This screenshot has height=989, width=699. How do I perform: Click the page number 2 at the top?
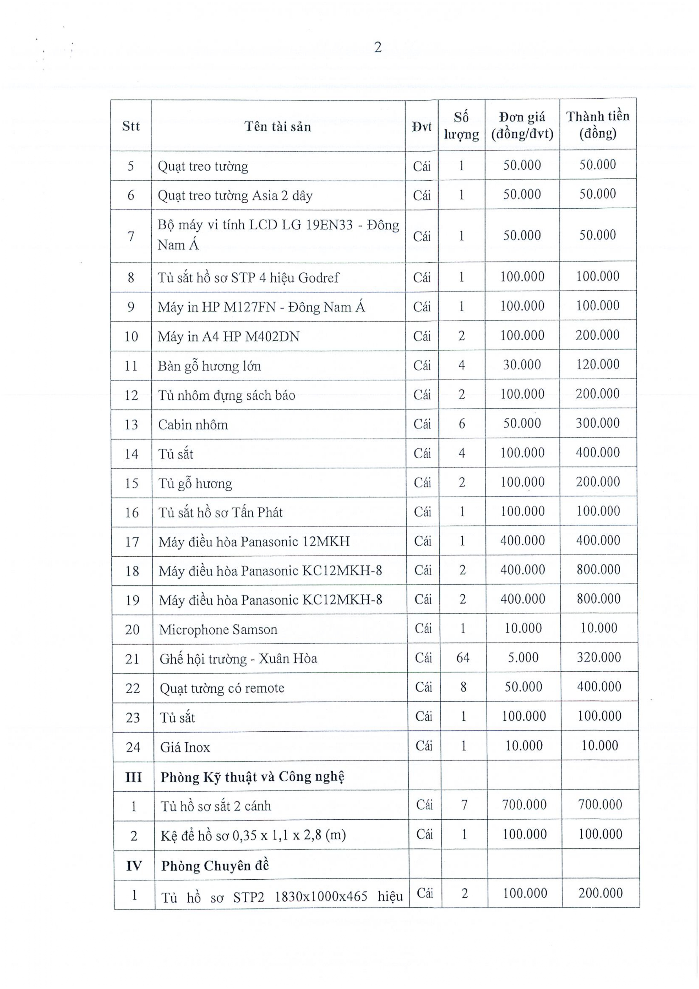377,47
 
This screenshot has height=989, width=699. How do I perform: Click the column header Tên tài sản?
278,126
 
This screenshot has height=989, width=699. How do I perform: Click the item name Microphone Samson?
218,629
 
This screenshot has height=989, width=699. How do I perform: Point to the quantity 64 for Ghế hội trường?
463,658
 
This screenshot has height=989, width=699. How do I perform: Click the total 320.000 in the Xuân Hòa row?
599,657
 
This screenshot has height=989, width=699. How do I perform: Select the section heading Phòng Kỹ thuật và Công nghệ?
252,777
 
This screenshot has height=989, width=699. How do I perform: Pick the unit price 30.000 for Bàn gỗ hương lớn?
522,365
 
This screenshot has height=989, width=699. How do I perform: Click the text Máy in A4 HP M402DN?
228,337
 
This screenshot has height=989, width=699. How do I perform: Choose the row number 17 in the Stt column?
132,542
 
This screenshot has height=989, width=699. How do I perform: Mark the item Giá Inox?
185,747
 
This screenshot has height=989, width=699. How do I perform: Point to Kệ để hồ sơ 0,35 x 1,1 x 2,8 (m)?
253,835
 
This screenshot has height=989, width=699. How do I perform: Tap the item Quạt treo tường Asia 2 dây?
235,196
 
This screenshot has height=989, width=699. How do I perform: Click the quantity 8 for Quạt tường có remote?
463,687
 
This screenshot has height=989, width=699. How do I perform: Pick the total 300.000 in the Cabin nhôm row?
598,423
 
